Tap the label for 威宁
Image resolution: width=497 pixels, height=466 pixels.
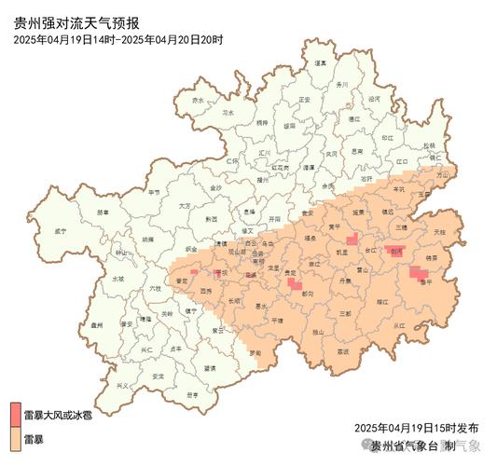pyautogui.click(x=61, y=229)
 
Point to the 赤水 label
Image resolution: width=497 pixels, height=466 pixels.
pyautogui.click(x=197, y=100)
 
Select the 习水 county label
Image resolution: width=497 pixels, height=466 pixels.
pyautogui.click(x=228, y=112)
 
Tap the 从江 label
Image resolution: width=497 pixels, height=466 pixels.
pyautogui.click(x=399, y=325)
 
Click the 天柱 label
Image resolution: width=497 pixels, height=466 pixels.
pyautogui.click(x=439, y=230)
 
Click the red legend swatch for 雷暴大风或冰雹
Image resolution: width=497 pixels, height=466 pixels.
pyautogui.click(x=15, y=412)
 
